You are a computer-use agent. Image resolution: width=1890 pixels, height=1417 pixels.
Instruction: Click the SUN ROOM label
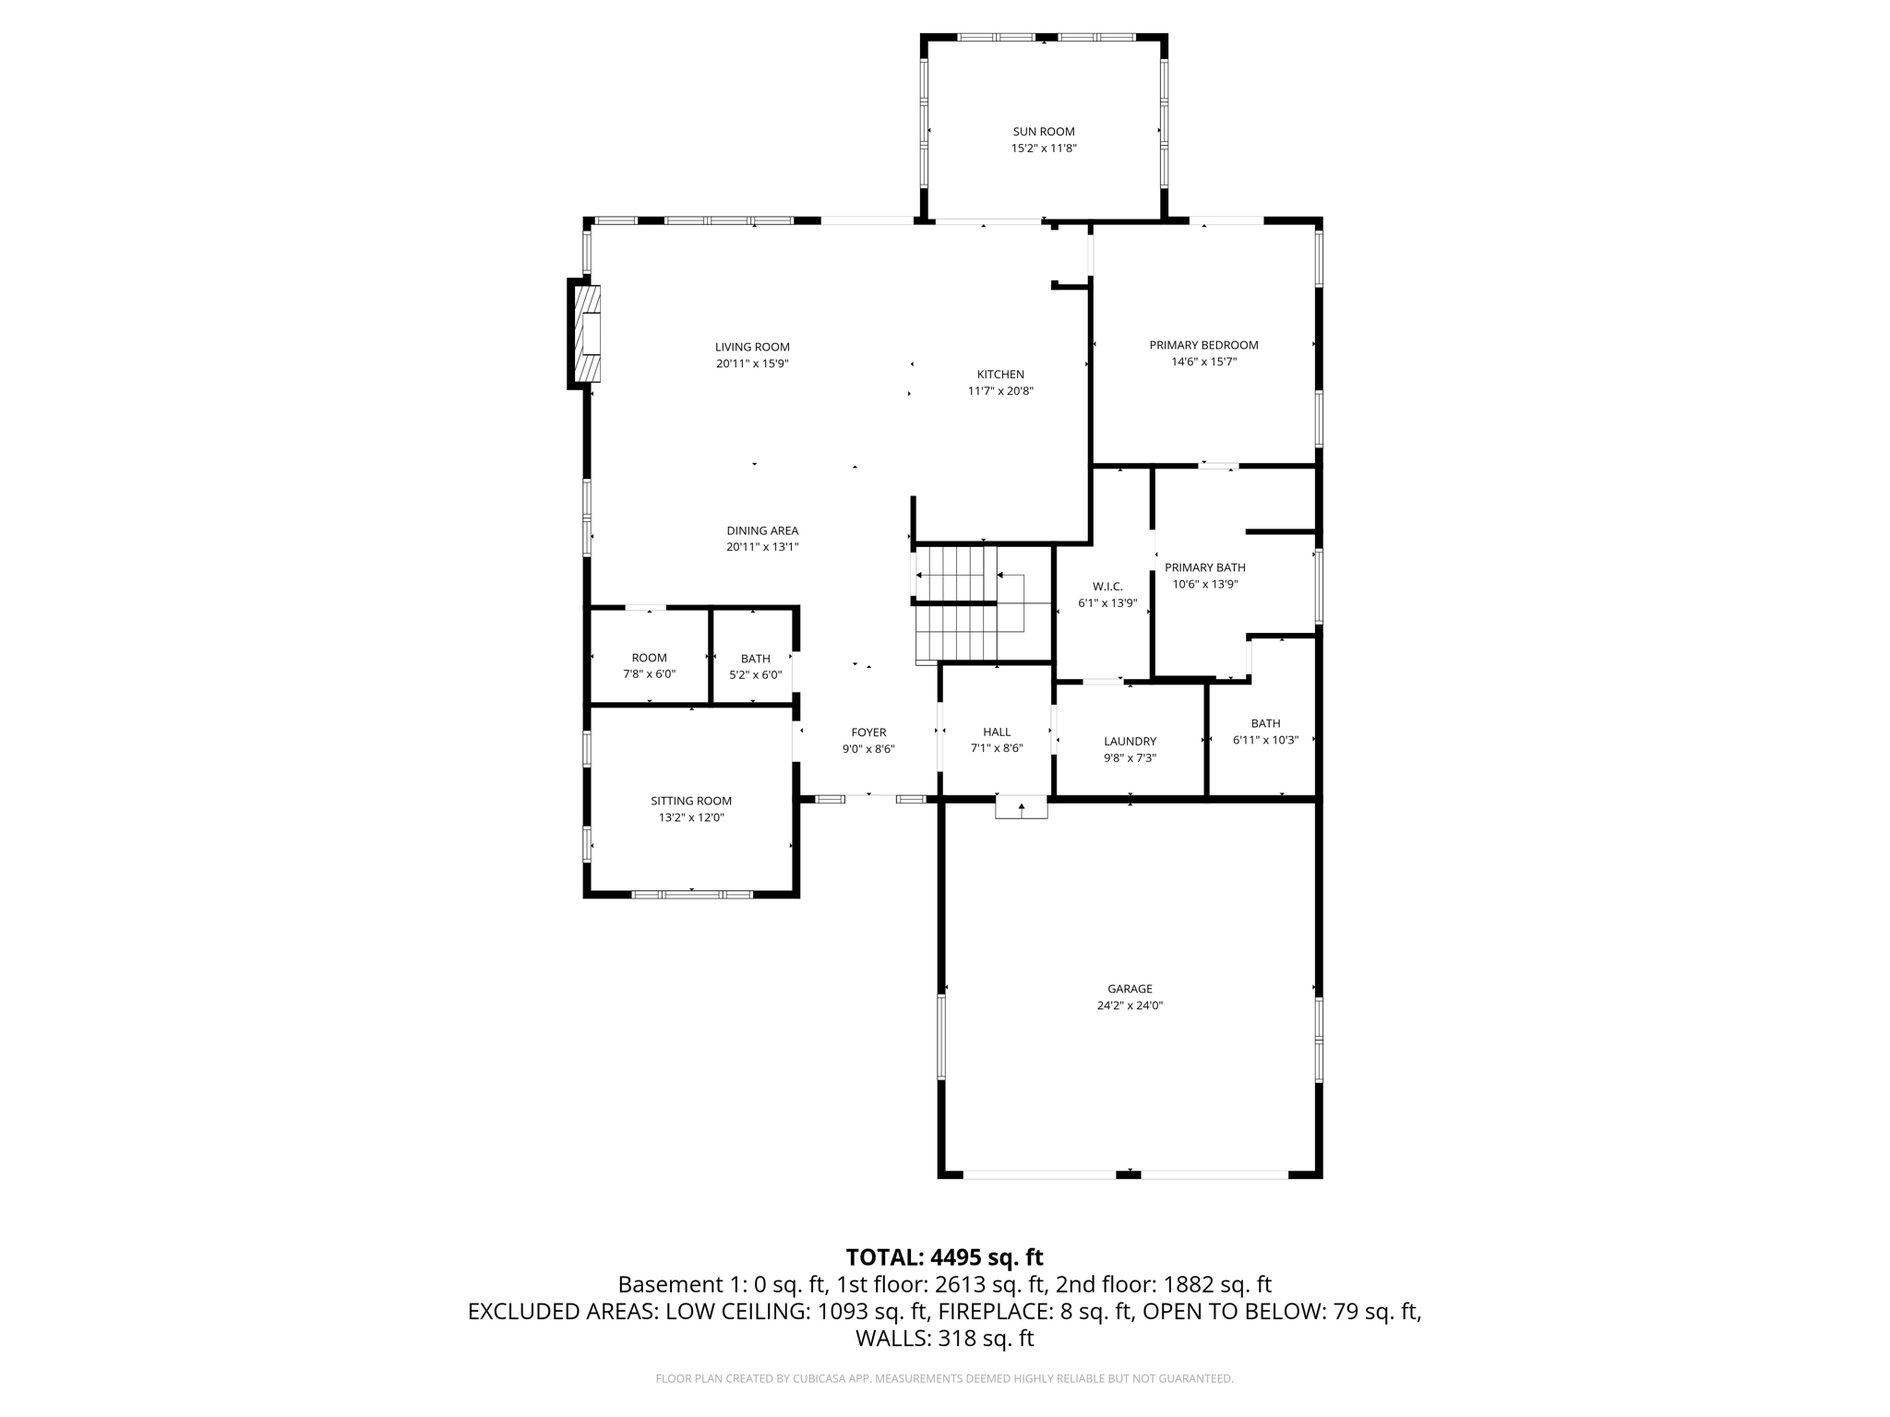click(1044, 132)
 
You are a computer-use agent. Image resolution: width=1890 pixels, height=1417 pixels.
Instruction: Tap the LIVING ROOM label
click(752, 348)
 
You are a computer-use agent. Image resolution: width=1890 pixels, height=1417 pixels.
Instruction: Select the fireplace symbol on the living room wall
click(586, 333)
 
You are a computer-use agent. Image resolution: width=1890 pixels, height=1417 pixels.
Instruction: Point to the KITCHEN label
click(1000, 375)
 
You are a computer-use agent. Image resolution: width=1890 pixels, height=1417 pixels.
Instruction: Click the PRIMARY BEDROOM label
click(1203, 345)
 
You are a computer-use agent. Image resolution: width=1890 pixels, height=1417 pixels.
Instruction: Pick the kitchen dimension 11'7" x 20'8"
click(1000, 391)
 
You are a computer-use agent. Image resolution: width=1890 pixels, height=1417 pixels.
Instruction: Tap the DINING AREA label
click(762, 530)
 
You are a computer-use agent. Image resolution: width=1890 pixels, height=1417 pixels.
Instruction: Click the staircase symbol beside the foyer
click(970, 604)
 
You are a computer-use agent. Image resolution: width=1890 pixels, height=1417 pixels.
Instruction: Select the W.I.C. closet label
click(1107, 587)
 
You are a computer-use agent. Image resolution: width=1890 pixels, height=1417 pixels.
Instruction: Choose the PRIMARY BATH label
click(1204, 567)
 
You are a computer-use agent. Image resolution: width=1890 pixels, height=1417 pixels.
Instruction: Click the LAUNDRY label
click(1130, 742)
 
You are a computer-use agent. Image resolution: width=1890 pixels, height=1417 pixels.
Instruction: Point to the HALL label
click(997, 732)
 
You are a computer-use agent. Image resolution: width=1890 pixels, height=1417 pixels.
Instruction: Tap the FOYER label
click(868, 733)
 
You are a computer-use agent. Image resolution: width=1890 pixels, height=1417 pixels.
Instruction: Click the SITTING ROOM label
click(691, 801)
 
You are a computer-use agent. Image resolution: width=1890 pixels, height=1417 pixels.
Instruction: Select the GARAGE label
click(1130, 989)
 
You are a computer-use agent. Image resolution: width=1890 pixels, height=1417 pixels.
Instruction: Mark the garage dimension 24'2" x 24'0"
click(1130, 1006)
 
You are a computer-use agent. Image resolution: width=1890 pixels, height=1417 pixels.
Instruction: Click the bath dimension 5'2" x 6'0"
click(755, 674)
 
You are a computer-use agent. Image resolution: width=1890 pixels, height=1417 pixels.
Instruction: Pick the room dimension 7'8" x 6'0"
click(649, 674)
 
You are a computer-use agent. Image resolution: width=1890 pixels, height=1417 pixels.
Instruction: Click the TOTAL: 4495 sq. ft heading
click(944, 1257)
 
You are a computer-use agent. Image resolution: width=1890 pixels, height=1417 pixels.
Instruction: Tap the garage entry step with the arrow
click(1022, 807)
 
